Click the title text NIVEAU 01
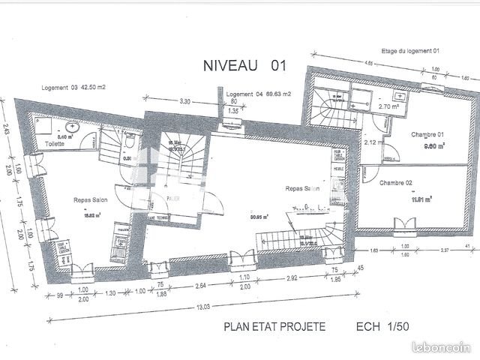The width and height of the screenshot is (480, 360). (245, 66)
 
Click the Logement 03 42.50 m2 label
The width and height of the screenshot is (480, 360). (72, 88)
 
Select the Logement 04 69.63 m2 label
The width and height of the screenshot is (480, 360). (258, 94)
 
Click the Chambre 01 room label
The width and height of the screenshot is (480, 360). (428, 134)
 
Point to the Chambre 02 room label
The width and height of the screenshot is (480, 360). (396, 183)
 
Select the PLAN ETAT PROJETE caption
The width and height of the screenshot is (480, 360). (274, 327)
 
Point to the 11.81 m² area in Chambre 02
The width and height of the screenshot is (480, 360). (422, 199)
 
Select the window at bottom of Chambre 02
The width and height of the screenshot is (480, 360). (405, 223)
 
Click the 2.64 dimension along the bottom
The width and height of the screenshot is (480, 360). (201, 286)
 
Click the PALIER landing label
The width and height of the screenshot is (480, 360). (174, 199)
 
